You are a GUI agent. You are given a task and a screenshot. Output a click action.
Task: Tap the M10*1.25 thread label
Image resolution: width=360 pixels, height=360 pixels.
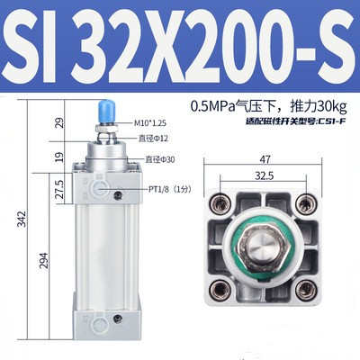click(152, 123)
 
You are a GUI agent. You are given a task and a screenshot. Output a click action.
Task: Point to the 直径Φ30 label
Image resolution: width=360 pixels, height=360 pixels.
click(163, 159)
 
